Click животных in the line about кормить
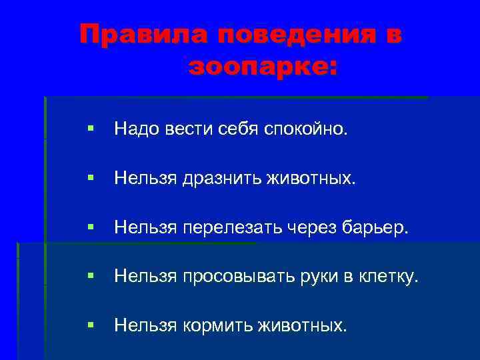(x=306, y=325)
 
